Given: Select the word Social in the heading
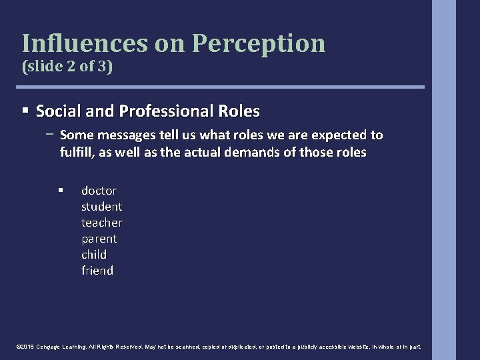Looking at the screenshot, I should point(57,110).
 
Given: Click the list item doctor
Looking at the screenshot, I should point(99,190).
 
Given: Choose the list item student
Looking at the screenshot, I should point(101,206).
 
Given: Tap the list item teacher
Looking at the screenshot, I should point(101,222).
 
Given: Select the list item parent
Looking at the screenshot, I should point(99,238).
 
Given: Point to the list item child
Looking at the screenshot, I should point(94,254).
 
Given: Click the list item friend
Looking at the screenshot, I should point(97,270).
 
